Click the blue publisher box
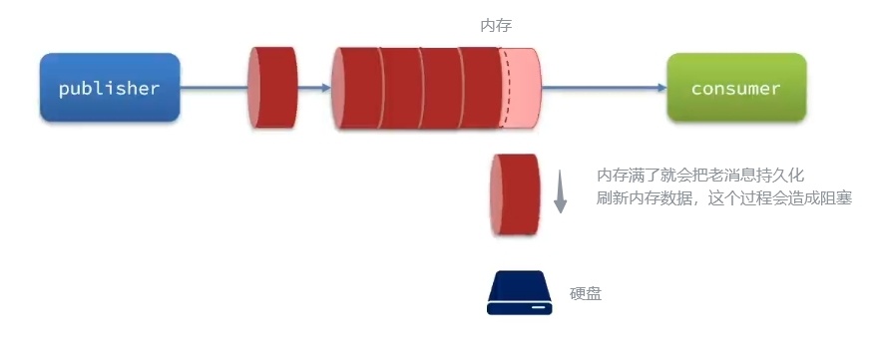coord(110,88)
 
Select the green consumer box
coord(736,88)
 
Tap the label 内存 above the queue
coord(497,26)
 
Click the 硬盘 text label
coord(586,293)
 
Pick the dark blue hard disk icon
coord(518,293)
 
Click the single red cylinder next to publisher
coord(272,88)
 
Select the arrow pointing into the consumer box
coord(658,88)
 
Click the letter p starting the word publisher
coord(64,90)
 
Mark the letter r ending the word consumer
coord(775,89)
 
